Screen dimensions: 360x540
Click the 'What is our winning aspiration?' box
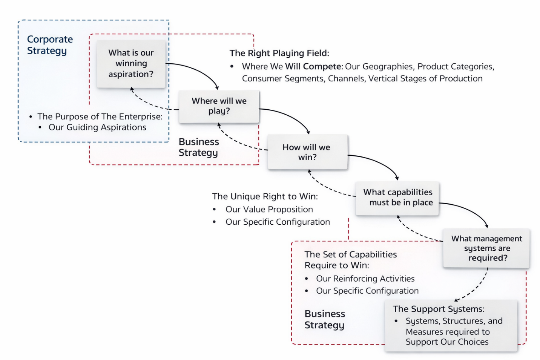[131, 64]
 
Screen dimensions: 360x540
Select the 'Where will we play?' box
[219, 106]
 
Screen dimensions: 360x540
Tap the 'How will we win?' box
[307, 152]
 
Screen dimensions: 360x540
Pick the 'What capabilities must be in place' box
[397, 198]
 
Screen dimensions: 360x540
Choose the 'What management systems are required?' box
[486, 248]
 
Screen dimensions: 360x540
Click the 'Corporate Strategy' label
[50, 45]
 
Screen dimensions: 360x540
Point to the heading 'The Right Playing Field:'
[279, 53]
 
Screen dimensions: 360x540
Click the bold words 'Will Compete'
[313, 67]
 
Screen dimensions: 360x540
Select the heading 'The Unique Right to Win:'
[265, 196]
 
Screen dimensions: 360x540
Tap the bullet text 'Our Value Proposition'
[269, 210]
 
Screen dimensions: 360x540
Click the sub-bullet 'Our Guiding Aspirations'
[97, 127]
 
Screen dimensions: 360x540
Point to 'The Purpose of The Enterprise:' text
[100, 116]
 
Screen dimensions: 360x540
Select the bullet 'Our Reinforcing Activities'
[365, 279]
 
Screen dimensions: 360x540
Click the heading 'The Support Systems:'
[439, 309]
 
